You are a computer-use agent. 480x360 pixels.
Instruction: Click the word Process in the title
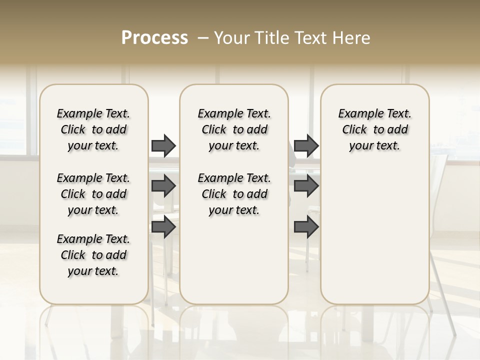pyautogui.click(x=154, y=38)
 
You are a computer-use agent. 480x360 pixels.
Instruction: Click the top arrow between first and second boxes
pyautogui.click(x=163, y=145)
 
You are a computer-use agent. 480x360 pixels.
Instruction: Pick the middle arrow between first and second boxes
pyautogui.click(x=163, y=186)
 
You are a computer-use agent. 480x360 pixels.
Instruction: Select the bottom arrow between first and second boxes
pyautogui.click(x=163, y=227)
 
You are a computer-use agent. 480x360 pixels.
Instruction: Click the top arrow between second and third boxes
pyautogui.click(x=306, y=145)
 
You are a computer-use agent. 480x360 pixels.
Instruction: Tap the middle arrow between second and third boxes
pyautogui.click(x=306, y=186)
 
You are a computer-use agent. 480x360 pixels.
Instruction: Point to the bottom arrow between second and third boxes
pyautogui.click(x=306, y=227)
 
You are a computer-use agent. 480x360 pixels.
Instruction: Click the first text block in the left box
pyautogui.click(x=93, y=129)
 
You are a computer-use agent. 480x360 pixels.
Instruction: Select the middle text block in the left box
pyautogui.click(x=93, y=194)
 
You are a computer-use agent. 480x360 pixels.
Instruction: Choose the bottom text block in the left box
pyautogui.click(x=93, y=255)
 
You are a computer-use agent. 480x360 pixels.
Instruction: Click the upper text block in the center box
pyautogui.click(x=234, y=129)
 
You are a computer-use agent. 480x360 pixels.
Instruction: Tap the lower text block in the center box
pyautogui.click(x=234, y=194)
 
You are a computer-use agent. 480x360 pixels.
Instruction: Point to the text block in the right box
pyautogui.click(x=374, y=129)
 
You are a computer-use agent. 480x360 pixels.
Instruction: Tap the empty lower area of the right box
pyautogui.click(x=374, y=235)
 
